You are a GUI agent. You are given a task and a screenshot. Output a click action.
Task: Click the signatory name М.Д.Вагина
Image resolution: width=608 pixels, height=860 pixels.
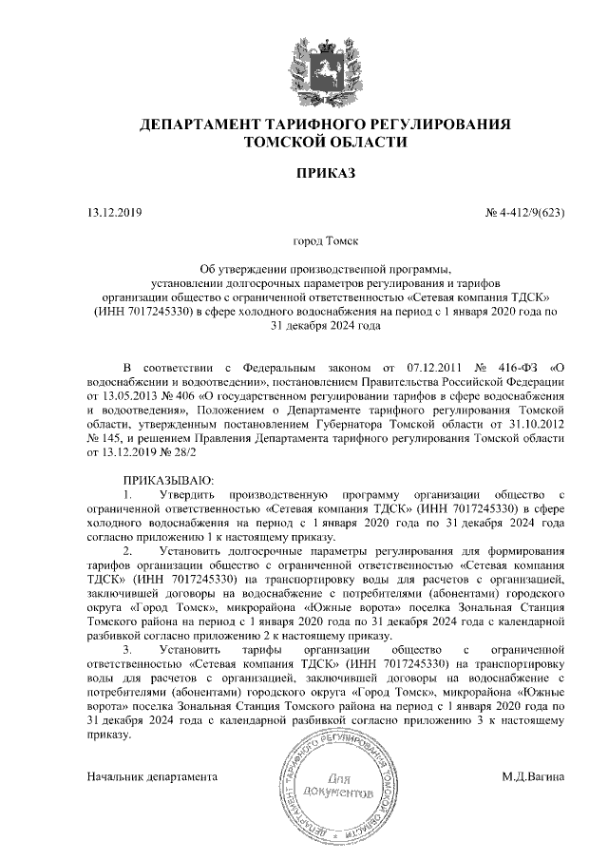pos(534,776)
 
